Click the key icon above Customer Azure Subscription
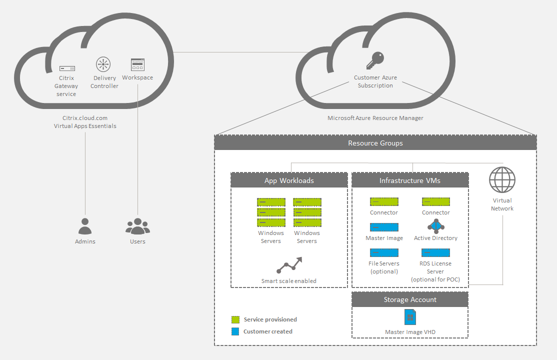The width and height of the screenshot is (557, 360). [375, 60]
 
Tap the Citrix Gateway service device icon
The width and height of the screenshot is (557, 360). [66, 68]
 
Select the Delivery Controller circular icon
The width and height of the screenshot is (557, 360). [103, 64]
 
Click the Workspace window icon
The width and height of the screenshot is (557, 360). [137, 64]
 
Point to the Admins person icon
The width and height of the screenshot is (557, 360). [85, 226]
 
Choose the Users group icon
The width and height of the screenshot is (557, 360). [137, 226]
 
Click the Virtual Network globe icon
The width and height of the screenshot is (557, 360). [502, 180]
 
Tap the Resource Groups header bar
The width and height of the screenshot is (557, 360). [375, 143]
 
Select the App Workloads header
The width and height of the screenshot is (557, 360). [289, 180]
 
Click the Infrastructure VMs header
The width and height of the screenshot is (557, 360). [410, 180]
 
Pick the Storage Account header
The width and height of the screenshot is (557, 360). [410, 299]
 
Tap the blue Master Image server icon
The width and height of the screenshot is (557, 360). [384, 227]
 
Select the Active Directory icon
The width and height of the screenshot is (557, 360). [436, 226]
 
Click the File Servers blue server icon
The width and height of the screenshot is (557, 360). [384, 252]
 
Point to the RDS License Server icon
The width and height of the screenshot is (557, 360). [435, 252]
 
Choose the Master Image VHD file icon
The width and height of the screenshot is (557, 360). [410, 317]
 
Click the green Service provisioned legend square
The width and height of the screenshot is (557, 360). [235, 319]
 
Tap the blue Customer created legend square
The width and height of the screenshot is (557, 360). [235, 331]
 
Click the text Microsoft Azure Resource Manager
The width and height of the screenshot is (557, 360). [375, 118]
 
